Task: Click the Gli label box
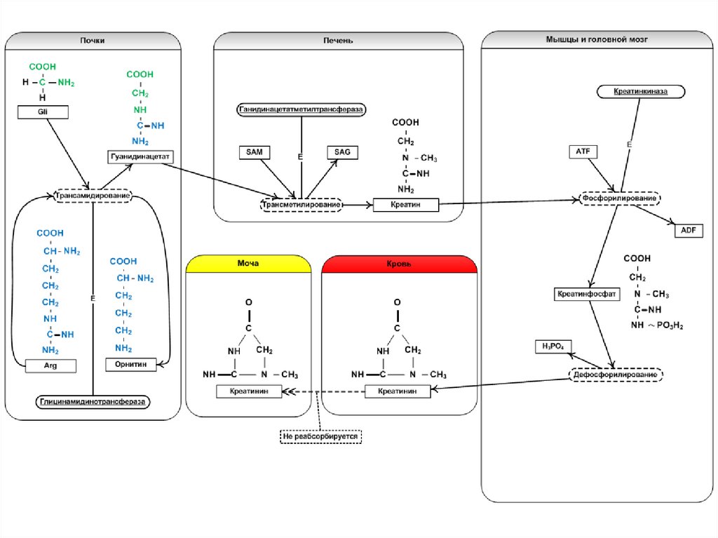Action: [x=42, y=111]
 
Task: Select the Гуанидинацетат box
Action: [x=140, y=156]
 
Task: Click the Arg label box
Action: [x=50, y=365]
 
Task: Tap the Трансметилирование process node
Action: [x=302, y=205]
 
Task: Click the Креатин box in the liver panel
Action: [x=405, y=205]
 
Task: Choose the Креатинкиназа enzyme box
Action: [x=639, y=92]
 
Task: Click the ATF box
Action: [x=583, y=152]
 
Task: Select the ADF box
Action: [x=687, y=230]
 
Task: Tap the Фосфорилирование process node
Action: [x=620, y=199]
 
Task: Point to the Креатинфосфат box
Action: [x=587, y=294]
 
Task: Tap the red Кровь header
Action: [x=399, y=264]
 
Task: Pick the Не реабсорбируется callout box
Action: [x=320, y=436]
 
